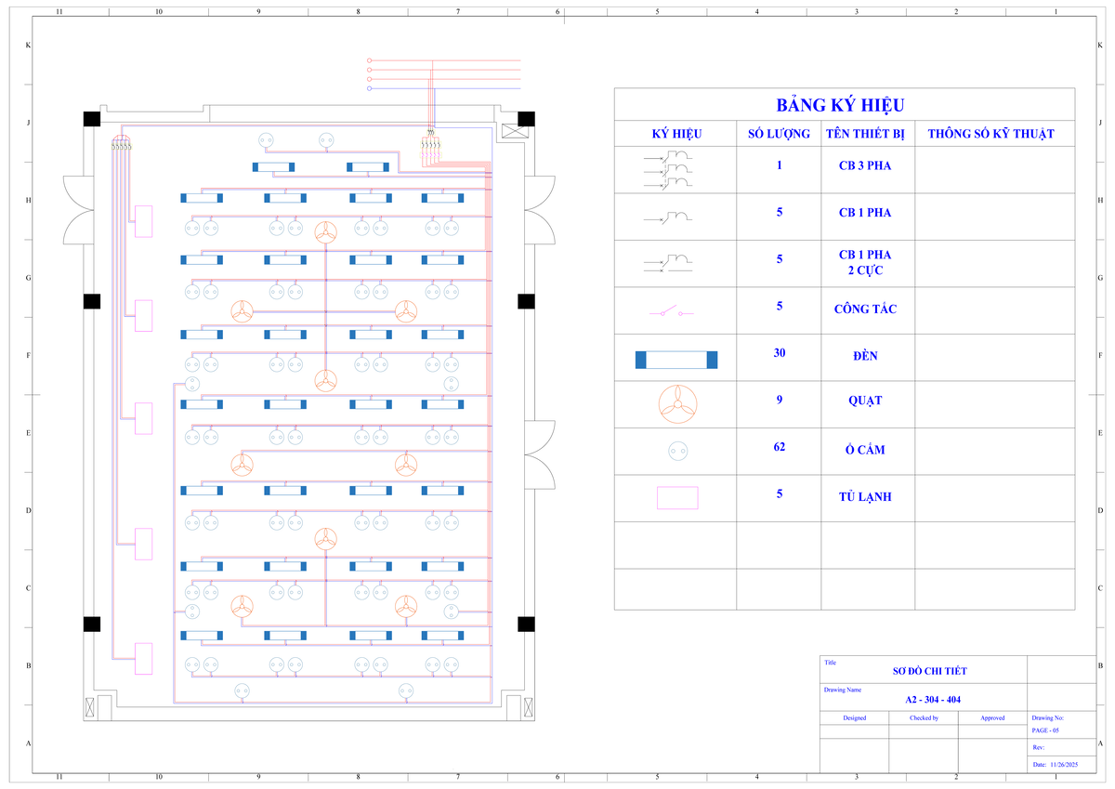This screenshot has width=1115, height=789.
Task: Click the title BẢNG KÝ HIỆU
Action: [x=840, y=105]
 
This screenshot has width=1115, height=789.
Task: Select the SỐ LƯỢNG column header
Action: [x=779, y=134]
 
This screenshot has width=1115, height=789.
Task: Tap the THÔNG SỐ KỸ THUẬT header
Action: [x=990, y=134]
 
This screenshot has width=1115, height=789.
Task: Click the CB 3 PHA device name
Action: [x=865, y=165]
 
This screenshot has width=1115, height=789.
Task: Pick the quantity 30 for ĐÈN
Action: [x=780, y=353]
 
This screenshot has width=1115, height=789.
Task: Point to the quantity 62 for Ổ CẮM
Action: [x=780, y=447]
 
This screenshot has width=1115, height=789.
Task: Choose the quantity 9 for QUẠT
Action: [x=780, y=400]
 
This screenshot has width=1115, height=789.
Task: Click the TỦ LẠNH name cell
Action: [x=865, y=497]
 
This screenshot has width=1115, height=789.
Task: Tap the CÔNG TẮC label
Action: [x=865, y=309]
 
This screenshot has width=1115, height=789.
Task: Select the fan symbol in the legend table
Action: [x=677, y=404]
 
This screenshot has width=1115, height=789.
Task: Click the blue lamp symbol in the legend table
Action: [x=676, y=360]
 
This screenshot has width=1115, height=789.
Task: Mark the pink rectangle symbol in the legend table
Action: [x=677, y=498]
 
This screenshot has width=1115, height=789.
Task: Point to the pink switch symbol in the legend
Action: [x=671, y=311]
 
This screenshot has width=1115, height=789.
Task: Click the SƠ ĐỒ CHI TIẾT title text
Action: [x=929, y=671]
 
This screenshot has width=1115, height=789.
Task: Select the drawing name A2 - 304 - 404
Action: [x=933, y=700]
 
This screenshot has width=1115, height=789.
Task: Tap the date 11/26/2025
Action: [x=1064, y=764]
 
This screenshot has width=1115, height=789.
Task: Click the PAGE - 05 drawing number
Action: [x=1044, y=730]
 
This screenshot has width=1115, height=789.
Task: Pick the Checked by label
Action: [x=924, y=717]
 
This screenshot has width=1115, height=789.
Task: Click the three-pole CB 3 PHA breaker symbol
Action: [x=668, y=170]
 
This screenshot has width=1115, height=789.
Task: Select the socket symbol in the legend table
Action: [x=678, y=451]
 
